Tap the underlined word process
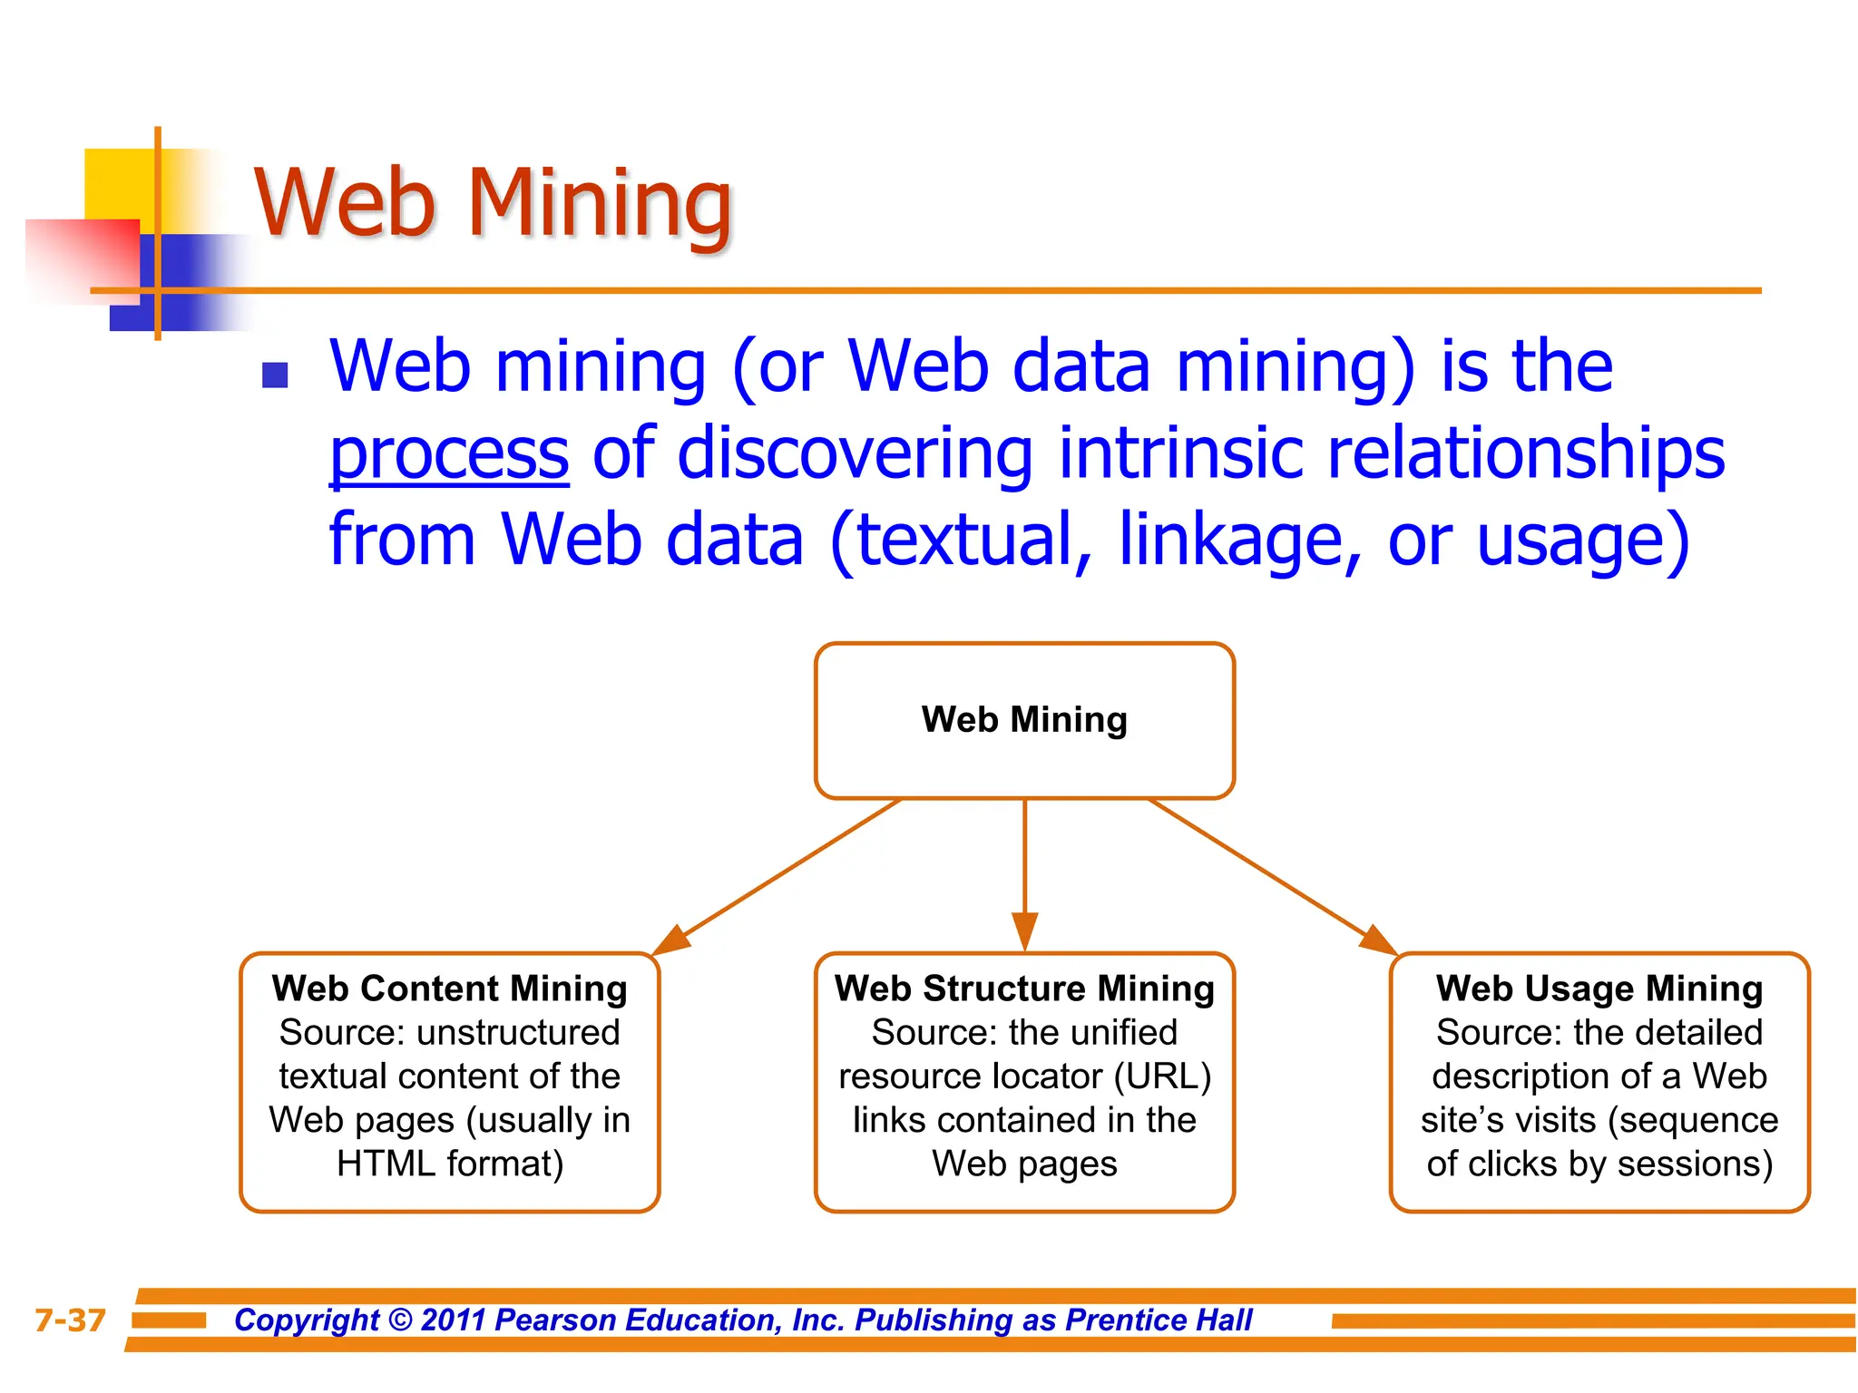[449, 453]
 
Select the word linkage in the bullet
[1239, 541]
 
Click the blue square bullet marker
[275, 375]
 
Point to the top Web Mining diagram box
[1024, 720]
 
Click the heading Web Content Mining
[450, 989]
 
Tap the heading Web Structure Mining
[1024, 989]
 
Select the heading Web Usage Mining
[1599, 989]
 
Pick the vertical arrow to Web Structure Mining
[1024, 871]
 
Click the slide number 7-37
[70, 1320]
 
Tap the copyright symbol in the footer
[400, 1320]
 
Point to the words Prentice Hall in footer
[1159, 1320]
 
